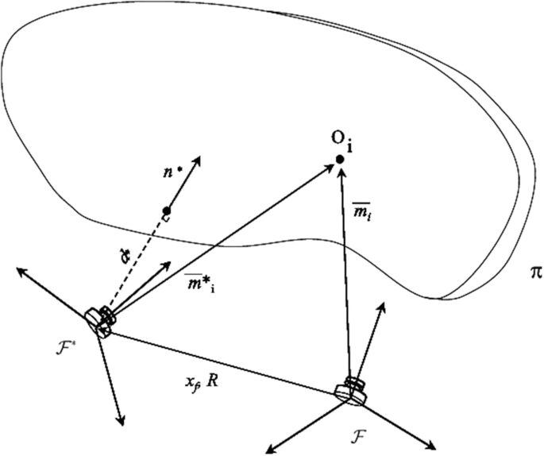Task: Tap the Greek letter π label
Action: (x=534, y=272)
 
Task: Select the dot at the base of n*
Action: (x=167, y=211)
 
